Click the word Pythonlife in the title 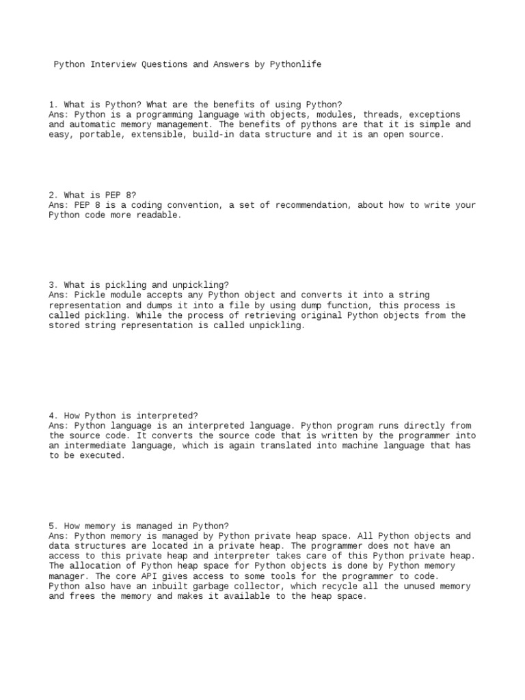pos(296,64)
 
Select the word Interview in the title pos(116,64)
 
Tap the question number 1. pos(53,105)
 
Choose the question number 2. pos(53,195)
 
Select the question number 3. pos(53,285)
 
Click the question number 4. pos(53,415)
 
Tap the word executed pos(103,455)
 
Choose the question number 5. pos(53,526)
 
